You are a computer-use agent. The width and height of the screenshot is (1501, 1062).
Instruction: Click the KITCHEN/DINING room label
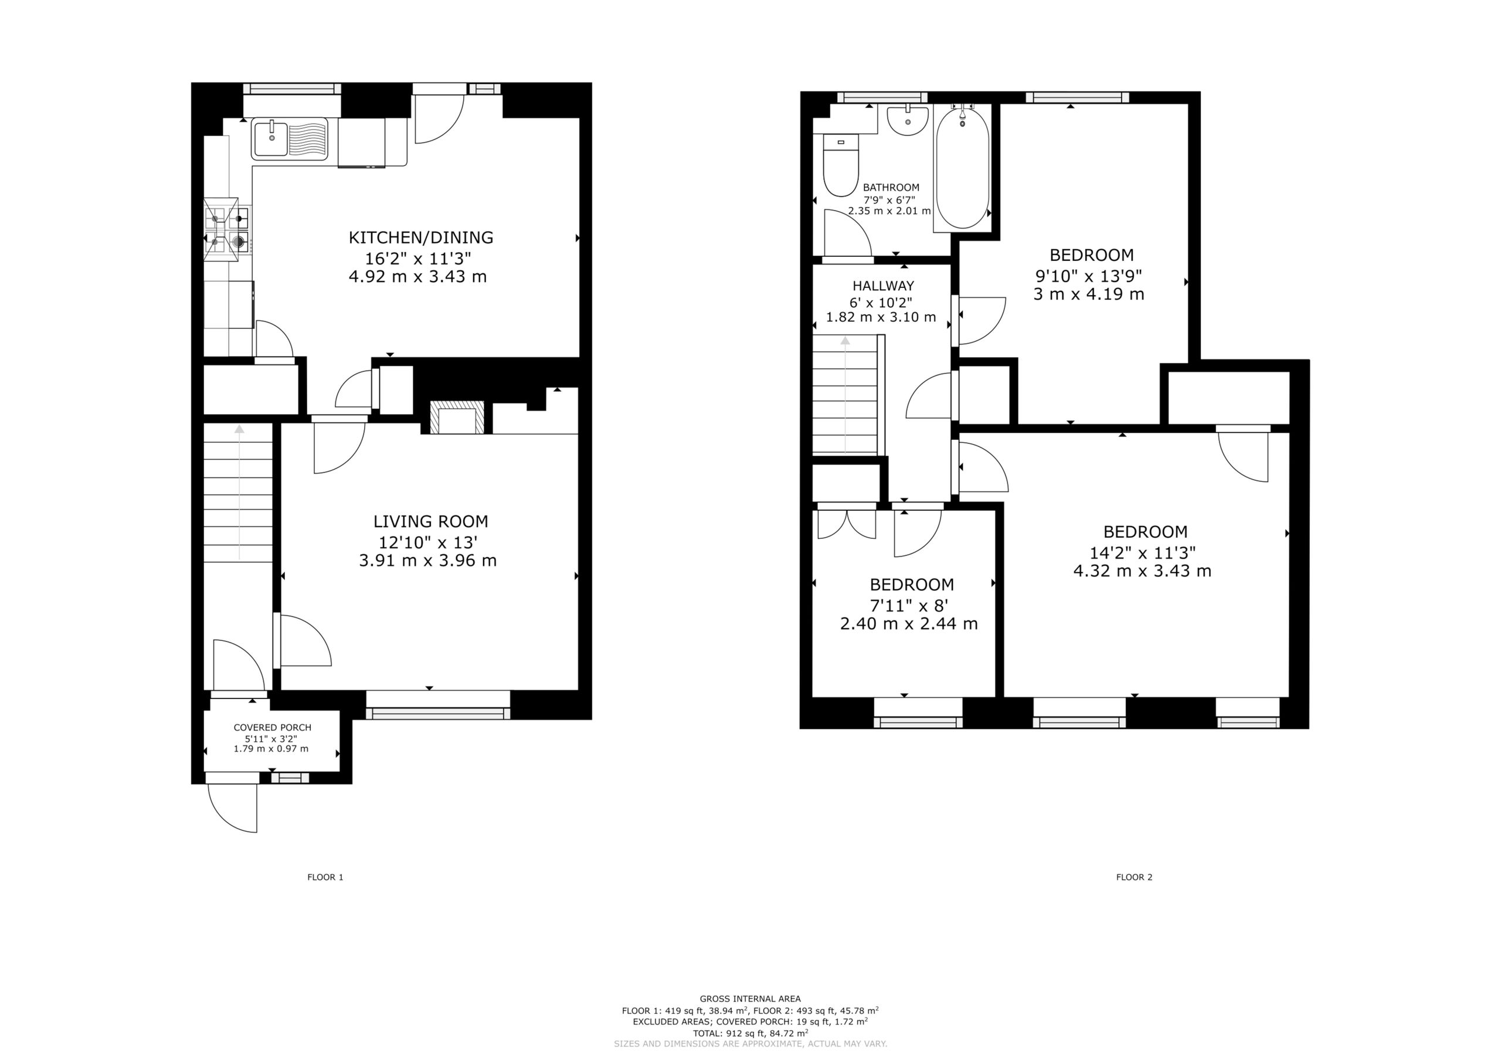pyautogui.click(x=420, y=237)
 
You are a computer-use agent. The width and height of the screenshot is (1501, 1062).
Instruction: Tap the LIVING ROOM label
pyautogui.click(x=430, y=521)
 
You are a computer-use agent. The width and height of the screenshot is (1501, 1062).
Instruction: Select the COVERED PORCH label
pyautogui.click(x=272, y=727)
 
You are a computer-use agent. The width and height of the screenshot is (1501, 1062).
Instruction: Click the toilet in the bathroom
pyautogui.click(x=840, y=165)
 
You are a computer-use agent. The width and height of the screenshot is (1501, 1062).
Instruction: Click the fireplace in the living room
pyautogui.click(x=457, y=417)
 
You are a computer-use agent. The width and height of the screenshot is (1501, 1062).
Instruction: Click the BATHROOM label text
pyautogui.click(x=891, y=188)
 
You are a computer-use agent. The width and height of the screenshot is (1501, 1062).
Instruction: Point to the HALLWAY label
pyautogui.click(x=882, y=286)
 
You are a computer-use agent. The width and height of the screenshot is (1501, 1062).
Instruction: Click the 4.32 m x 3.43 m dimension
pyautogui.click(x=1142, y=571)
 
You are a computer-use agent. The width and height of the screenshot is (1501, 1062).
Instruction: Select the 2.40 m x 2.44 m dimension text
pyautogui.click(x=909, y=624)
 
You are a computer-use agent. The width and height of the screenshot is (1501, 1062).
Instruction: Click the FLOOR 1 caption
pyautogui.click(x=325, y=877)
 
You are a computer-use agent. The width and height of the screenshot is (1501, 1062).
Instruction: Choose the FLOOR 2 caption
pyautogui.click(x=1133, y=877)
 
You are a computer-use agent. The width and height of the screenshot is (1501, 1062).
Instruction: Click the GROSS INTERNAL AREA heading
pyautogui.click(x=750, y=999)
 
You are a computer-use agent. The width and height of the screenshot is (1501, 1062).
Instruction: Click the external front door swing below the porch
pyautogui.click(x=233, y=808)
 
